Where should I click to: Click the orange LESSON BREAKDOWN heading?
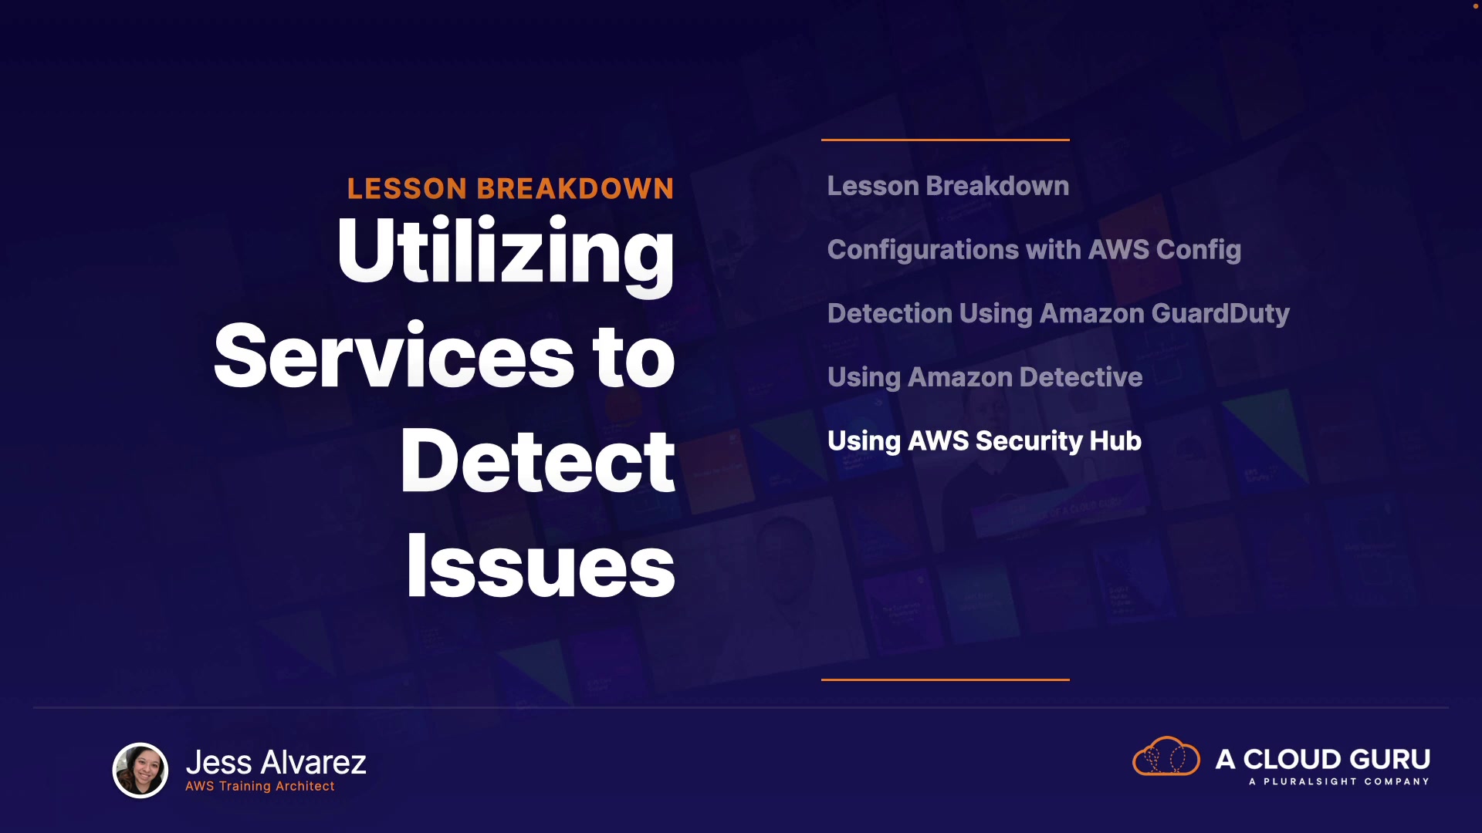[x=510, y=189]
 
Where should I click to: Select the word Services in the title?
[x=394, y=356]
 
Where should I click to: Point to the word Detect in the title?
[x=538, y=460]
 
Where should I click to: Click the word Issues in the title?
[x=540, y=566]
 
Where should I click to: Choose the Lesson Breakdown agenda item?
[x=948, y=186]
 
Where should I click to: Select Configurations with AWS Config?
[x=1034, y=250]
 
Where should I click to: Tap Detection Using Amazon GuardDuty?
[x=1058, y=314]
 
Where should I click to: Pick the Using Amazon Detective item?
[x=985, y=377]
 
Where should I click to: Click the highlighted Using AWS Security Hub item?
[x=984, y=441]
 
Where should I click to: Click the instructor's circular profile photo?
[x=140, y=770]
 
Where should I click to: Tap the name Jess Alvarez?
[x=276, y=762]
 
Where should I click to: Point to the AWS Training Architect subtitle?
[x=260, y=786]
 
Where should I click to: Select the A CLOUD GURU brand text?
[x=1323, y=759]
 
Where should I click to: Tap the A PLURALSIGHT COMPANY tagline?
[x=1339, y=781]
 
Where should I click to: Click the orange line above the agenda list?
[x=946, y=140]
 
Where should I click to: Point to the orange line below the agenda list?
[x=946, y=680]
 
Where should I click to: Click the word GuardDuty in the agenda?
[x=1220, y=314]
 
